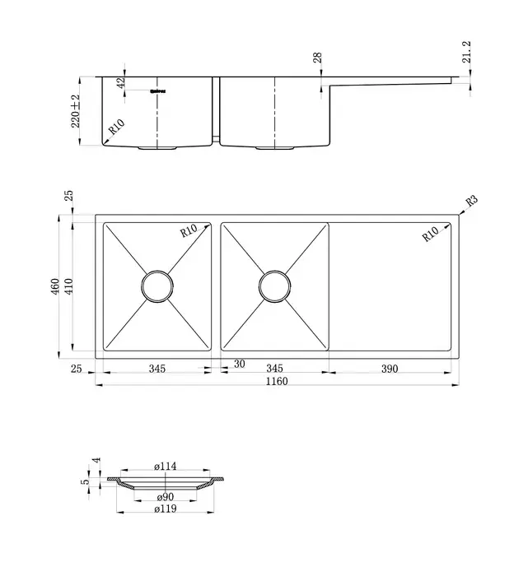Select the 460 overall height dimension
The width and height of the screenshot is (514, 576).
(54, 286)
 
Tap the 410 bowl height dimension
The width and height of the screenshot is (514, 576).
(69, 286)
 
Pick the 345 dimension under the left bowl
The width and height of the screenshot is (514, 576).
(157, 369)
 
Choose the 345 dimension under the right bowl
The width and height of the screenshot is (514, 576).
(275, 369)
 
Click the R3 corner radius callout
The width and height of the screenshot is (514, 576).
(472, 200)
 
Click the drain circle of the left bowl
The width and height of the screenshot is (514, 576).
(157, 286)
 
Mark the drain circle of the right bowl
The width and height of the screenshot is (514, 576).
(275, 286)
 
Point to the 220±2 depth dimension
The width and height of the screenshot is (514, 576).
(75, 110)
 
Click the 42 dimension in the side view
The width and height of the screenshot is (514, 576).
(121, 84)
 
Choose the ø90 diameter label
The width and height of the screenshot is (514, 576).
(166, 497)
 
